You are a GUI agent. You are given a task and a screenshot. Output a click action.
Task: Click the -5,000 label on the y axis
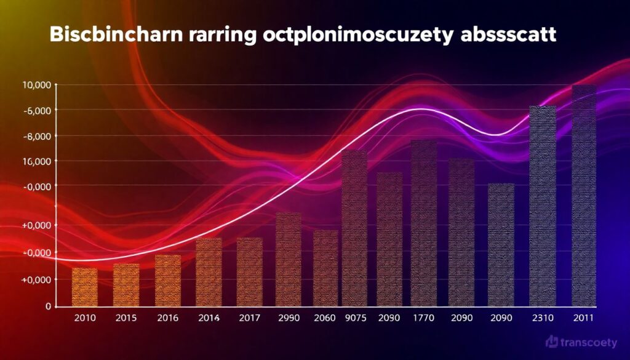pos(38,110)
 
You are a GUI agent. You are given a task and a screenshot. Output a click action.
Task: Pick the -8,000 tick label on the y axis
pos(38,136)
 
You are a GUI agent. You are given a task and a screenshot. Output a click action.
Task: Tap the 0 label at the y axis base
pos(48,306)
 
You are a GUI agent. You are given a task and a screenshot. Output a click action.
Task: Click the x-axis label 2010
pos(84,318)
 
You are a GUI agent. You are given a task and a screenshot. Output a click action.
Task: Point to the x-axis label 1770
pos(424,318)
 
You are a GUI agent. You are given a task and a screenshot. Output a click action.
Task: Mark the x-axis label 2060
pos(325,318)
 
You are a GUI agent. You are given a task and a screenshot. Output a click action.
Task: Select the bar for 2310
pos(543,206)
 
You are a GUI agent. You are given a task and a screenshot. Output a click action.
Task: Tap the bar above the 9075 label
pos(354,228)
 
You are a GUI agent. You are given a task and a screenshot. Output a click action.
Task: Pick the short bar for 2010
pos(84,287)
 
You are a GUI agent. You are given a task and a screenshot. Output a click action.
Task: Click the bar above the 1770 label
pos(424,223)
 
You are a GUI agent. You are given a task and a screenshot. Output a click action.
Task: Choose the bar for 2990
pos(289,259)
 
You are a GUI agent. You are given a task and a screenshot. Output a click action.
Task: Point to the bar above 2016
pos(167,280)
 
